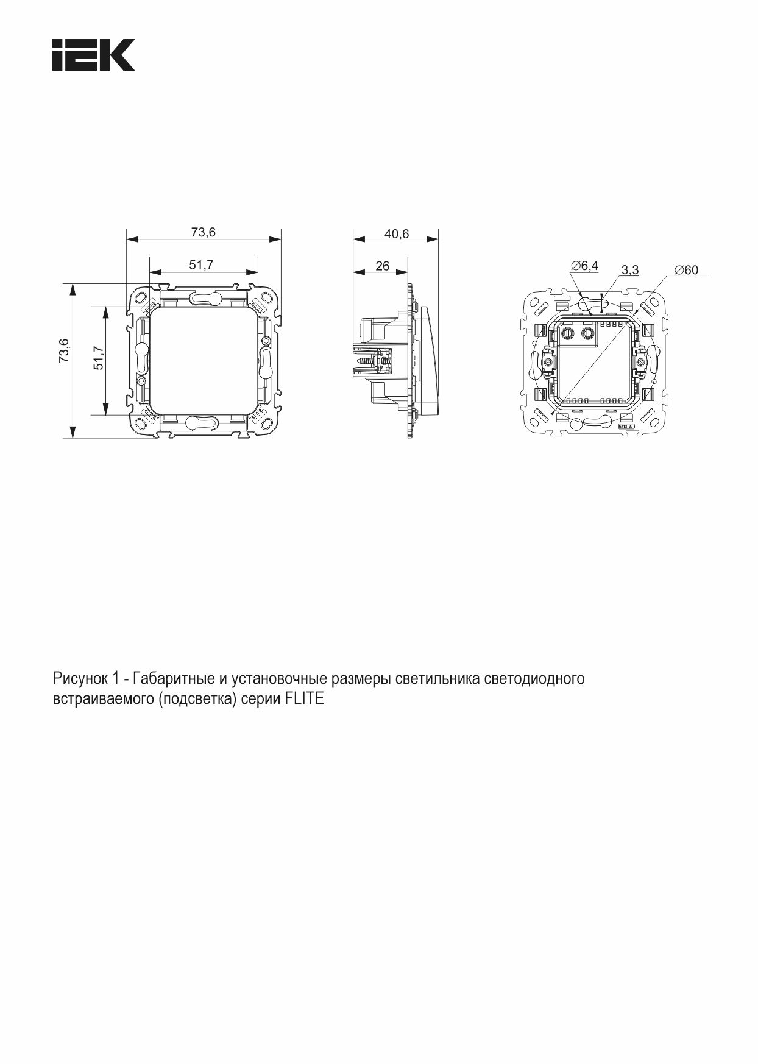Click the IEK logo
click(x=93, y=55)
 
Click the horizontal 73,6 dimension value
click(x=204, y=232)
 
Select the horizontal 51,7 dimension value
click(x=201, y=265)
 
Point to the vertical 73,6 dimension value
click(x=64, y=351)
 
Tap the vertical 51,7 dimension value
click(x=99, y=358)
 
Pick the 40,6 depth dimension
click(x=397, y=234)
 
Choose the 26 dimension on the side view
click(x=383, y=266)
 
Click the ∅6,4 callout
click(x=585, y=266)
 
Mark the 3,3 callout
click(x=630, y=269)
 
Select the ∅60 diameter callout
click(x=687, y=269)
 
